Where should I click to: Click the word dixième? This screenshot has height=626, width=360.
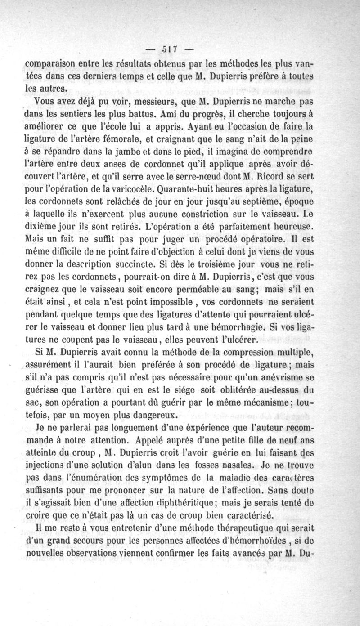click(x=41, y=222)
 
